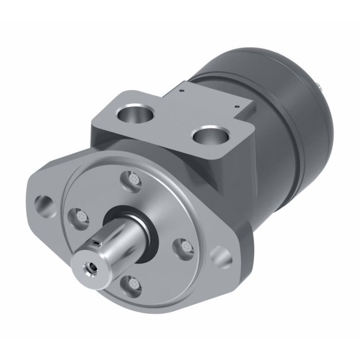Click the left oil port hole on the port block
[138, 113]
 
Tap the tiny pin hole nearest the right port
[236, 107]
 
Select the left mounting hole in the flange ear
[42, 204]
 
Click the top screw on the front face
[133, 181]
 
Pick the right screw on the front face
[185, 246]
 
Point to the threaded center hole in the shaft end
[92, 267]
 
